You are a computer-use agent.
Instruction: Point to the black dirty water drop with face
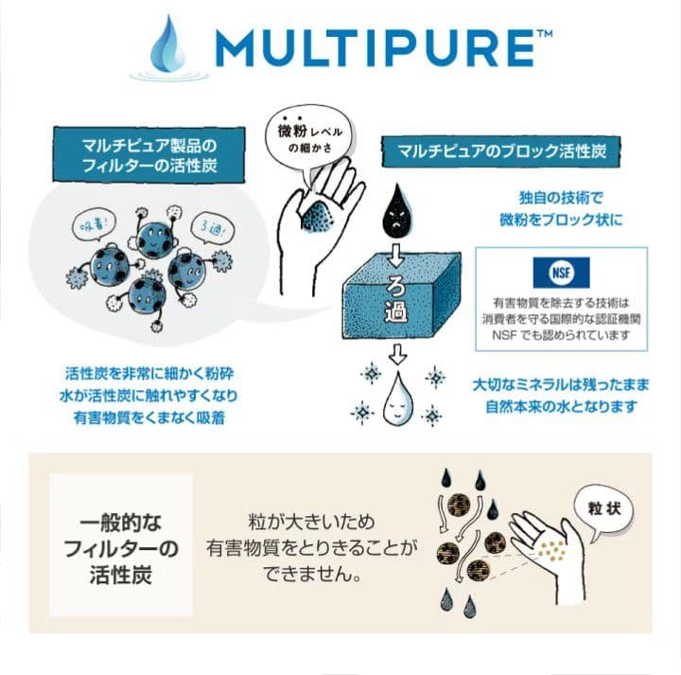(398, 213)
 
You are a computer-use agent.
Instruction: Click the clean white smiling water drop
(397, 399)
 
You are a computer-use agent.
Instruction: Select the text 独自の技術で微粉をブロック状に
(561, 208)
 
